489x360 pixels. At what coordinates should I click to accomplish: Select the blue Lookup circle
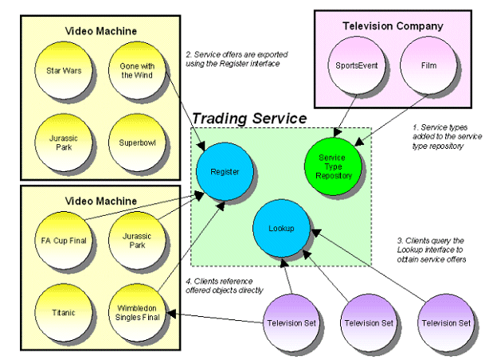(280, 228)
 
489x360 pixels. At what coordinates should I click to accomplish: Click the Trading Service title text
(248, 118)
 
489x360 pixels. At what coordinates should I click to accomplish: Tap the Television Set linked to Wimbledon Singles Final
(289, 323)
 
